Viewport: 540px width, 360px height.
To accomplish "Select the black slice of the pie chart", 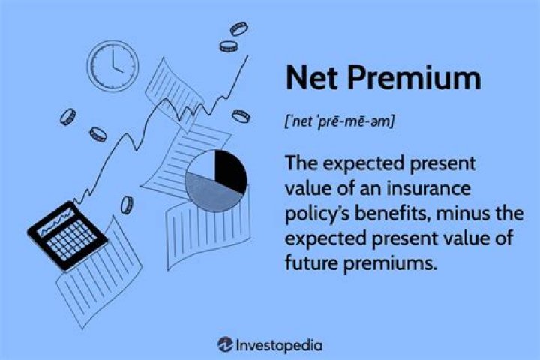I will tap(229, 168).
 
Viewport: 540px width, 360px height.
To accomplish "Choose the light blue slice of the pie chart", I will tap(201, 169).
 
